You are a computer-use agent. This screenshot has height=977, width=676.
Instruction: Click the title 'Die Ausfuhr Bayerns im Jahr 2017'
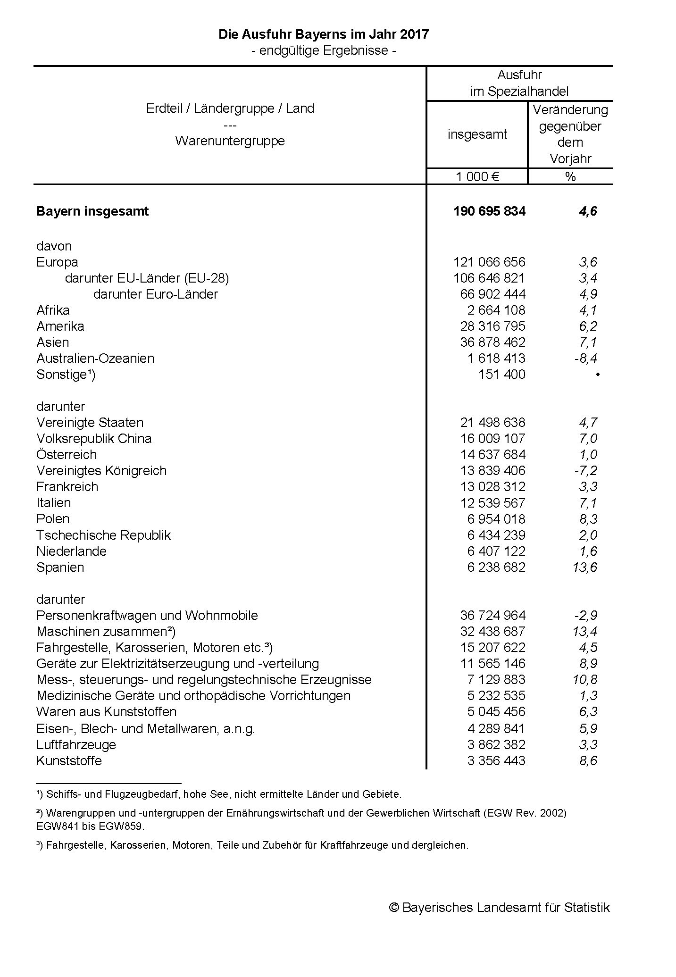pyautogui.click(x=323, y=34)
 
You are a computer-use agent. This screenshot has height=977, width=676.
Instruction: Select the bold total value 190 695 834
pyautogui.click(x=489, y=211)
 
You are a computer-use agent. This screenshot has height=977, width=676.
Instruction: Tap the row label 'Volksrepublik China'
pyautogui.click(x=94, y=439)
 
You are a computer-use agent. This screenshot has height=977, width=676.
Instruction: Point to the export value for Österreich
pyautogui.click(x=492, y=455)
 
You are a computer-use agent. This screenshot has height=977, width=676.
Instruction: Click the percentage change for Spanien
pyautogui.click(x=584, y=567)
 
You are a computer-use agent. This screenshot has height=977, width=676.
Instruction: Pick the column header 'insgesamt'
pyautogui.click(x=477, y=134)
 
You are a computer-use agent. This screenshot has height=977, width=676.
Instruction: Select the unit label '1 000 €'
pyautogui.click(x=477, y=176)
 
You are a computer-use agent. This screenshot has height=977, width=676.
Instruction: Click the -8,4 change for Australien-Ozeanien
pyautogui.click(x=585, y=359)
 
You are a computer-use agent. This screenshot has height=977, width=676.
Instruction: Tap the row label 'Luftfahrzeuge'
pyautogui.click(x=76, y=744)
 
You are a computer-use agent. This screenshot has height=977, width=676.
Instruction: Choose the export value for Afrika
pyautogui.click(x=496, y=310)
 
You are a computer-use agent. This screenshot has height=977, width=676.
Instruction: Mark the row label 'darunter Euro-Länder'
pyautogui.click(x=156, y=294)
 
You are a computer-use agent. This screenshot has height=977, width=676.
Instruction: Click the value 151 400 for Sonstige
pyautogui.click(x=501, y=375)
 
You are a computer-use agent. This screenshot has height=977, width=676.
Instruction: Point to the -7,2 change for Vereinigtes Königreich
pyautogui.click(x=585, y=471)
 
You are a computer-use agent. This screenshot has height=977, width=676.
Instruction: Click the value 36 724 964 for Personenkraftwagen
pyautogui.click(x=492, y=615)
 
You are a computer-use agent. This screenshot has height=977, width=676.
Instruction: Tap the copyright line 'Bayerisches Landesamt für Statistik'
pyautogui.click(x=499, y=907)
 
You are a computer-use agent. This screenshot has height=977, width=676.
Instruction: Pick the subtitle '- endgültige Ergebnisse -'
pyautogui.click(x=323, y=50)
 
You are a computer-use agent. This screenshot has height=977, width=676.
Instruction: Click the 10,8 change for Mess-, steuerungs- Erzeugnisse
pyautogui.click(x=584, y=680)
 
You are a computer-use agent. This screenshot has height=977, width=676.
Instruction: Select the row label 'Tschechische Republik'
pyautogui.click(x=103, y=535)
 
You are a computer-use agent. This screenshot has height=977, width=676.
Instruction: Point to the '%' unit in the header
pyautogui.click(x=570, y=176)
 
